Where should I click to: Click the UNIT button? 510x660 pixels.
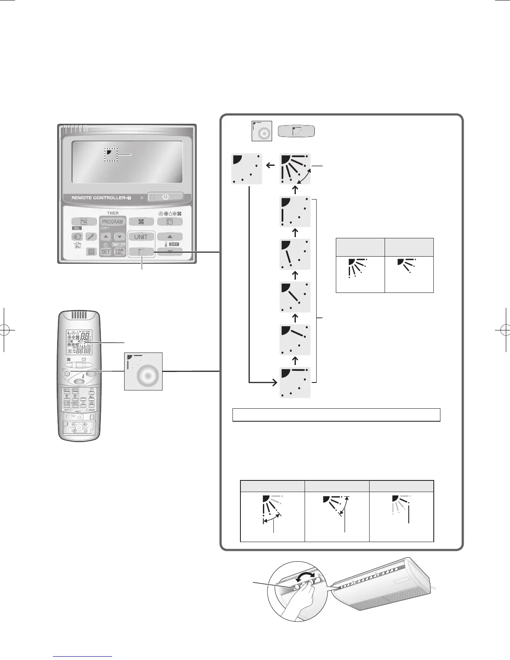(141, 237)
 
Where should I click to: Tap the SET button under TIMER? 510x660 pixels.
(106, 252)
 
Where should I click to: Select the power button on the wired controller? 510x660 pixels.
(165, 197)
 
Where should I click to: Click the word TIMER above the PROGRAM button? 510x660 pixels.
(112, 213)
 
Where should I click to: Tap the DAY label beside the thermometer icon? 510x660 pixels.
(173, 244)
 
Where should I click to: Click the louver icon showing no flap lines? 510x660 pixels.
(247, 168)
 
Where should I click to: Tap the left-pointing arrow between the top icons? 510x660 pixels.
(270, 165)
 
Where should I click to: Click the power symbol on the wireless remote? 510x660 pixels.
(84, 359)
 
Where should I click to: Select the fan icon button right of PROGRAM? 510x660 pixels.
(141, 222)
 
